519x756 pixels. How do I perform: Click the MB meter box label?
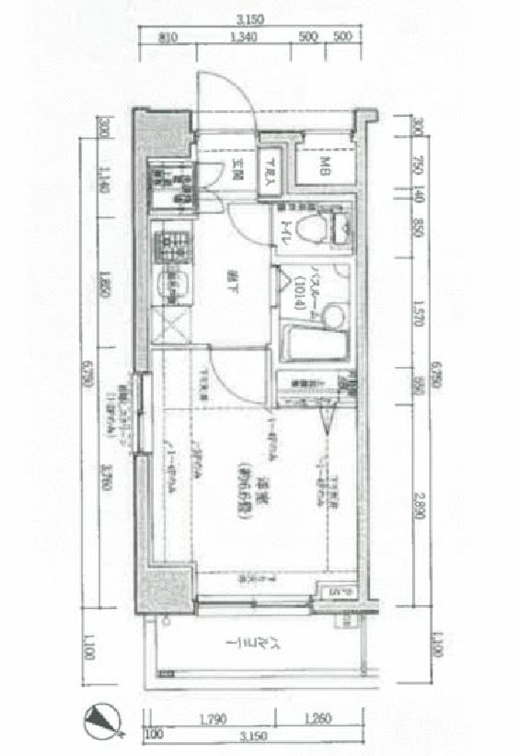326,166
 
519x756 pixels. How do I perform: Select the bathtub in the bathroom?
315,343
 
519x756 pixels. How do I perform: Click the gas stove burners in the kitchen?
170,246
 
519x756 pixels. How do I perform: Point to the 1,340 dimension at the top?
242,37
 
